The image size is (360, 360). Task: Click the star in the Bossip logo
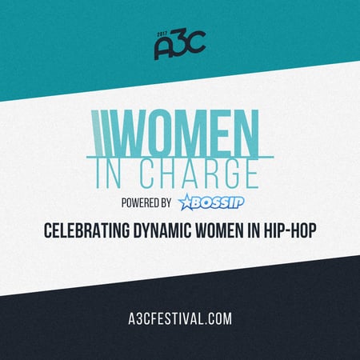(187, 199)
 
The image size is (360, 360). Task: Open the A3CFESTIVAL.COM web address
(179, 318)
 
